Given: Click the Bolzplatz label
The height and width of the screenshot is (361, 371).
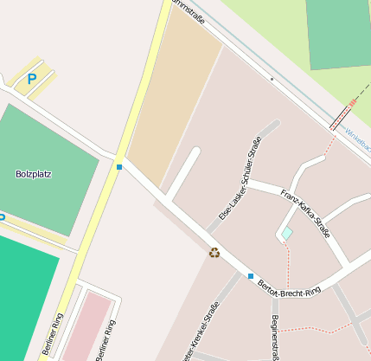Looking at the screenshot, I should tap(34, 174).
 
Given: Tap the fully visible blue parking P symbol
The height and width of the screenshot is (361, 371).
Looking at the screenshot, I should tap(32, 78).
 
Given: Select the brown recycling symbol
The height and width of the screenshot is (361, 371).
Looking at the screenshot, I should tap(214, 253).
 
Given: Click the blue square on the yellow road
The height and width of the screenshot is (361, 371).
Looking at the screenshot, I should tap(119, 166).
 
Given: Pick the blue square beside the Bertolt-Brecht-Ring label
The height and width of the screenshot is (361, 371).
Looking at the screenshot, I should tap(251, 276).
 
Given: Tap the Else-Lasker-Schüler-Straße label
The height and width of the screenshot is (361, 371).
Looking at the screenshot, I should tap(240, 179).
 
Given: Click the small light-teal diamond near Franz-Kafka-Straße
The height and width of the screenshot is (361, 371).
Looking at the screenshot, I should tap(286, 234).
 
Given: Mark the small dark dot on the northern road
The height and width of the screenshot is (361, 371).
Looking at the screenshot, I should tap(272, 79).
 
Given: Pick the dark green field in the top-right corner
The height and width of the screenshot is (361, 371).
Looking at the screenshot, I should tap(338, 33).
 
